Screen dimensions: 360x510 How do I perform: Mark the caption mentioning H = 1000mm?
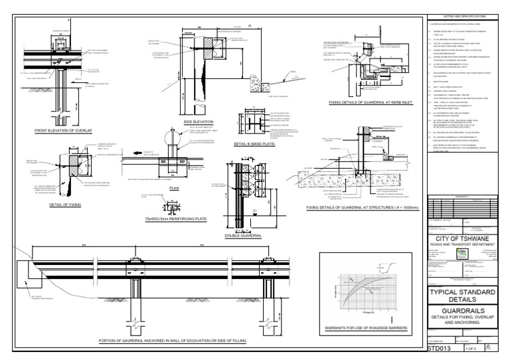point(363,208)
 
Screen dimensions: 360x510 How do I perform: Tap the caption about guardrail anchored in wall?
point(173,340)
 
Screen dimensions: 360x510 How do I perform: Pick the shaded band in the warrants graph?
point(370,287)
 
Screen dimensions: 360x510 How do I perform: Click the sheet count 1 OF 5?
point(472,347)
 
